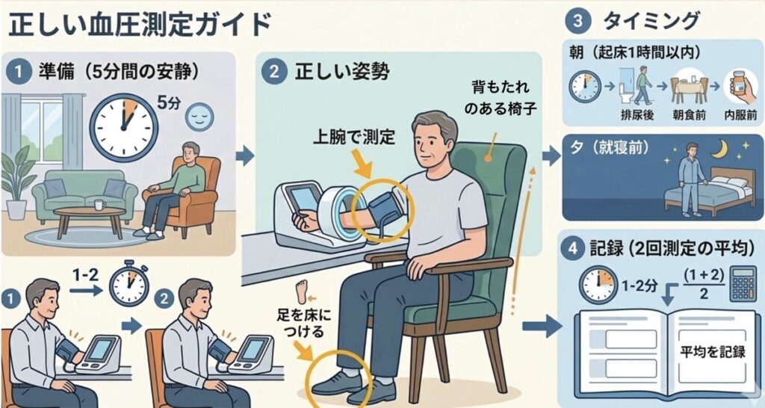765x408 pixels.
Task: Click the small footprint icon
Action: [x=302, y=289]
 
